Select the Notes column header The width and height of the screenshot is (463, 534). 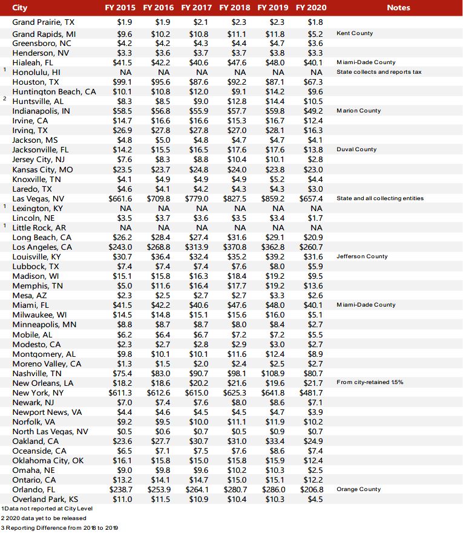pos(398,8)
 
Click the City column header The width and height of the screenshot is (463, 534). pos(20,8)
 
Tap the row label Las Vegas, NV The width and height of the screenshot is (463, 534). pos(39,198)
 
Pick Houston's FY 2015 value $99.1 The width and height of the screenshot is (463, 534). pos(122,82)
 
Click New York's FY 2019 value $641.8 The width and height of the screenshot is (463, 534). pos(272,392)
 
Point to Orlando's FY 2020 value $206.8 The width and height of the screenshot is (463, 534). pos(311,489)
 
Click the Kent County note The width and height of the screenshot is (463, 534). pos(355,33)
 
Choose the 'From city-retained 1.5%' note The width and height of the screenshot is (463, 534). pos(370,382)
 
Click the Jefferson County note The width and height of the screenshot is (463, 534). pos(362,256)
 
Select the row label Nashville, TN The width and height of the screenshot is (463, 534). pos(37,373)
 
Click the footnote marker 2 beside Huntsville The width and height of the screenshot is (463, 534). pos(4,99)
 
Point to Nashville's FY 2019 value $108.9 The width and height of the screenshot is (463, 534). pos(272,373)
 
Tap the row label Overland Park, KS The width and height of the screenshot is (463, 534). pos(45,499)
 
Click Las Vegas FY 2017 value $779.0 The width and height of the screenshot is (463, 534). pos(197,198)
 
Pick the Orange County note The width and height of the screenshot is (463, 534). pos(359,489)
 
